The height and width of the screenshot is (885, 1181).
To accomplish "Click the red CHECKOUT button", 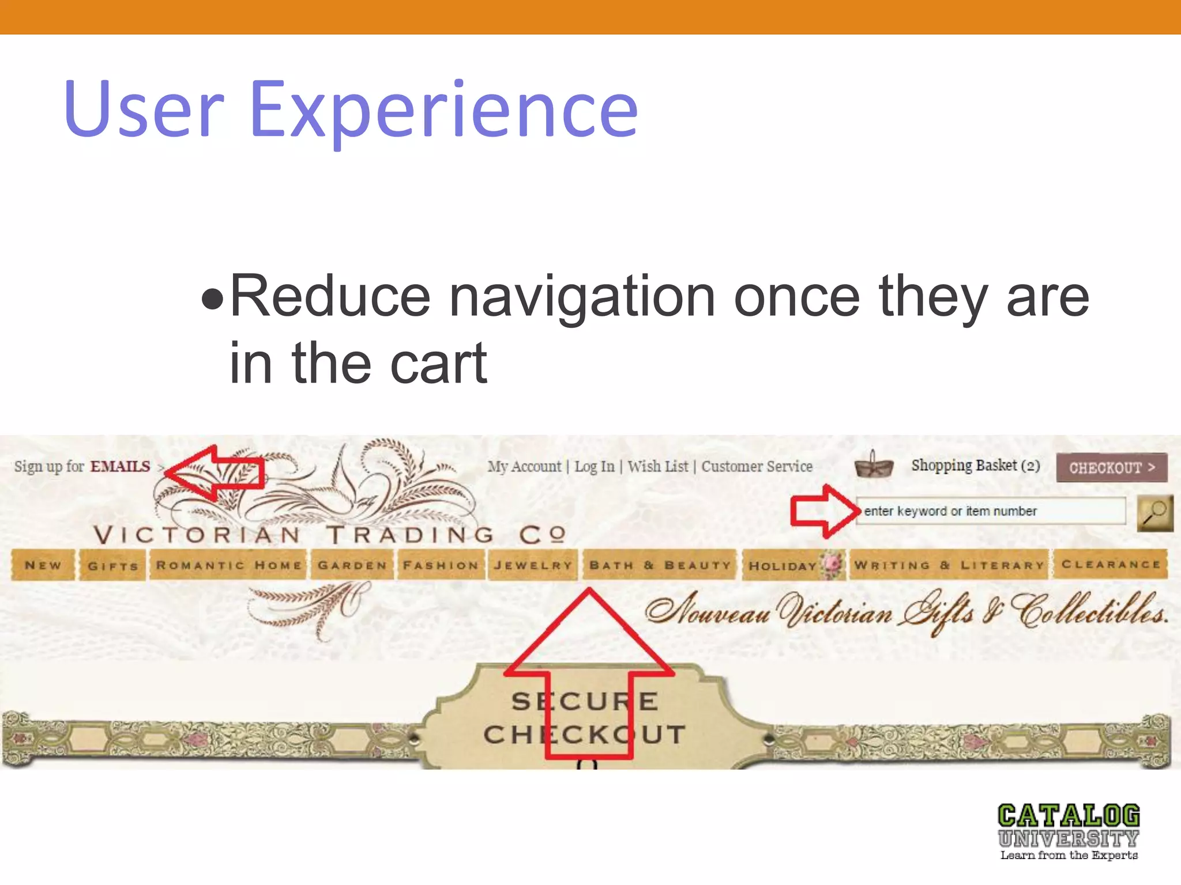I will tap(1111, 467).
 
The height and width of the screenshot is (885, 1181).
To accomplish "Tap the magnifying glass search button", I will tap(1154, 512).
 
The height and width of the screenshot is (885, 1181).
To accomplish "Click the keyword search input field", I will tap(991, 511).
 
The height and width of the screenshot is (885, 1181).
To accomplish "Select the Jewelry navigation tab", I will tap(533, 565).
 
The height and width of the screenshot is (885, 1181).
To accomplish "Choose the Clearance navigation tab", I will tap(1111, 565).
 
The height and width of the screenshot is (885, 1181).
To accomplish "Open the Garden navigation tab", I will tap(352, 565).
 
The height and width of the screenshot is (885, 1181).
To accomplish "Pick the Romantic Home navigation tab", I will tap(228, 565).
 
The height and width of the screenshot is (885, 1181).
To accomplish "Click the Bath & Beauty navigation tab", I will tap(660, 565).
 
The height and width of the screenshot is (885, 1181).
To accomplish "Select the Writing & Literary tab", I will tap(949, 565).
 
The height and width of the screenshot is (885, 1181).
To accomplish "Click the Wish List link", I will tap(657, 467).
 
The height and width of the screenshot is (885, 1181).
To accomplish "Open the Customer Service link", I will tap(757, 467).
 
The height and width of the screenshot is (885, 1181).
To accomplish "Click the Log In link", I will tap(594, 467).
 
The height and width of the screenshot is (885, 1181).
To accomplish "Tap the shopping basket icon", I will tap(874, 464).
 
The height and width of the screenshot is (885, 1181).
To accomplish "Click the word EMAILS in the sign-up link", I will tap(120, 466).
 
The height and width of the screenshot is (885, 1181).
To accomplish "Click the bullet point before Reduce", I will tap(212, 299).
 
